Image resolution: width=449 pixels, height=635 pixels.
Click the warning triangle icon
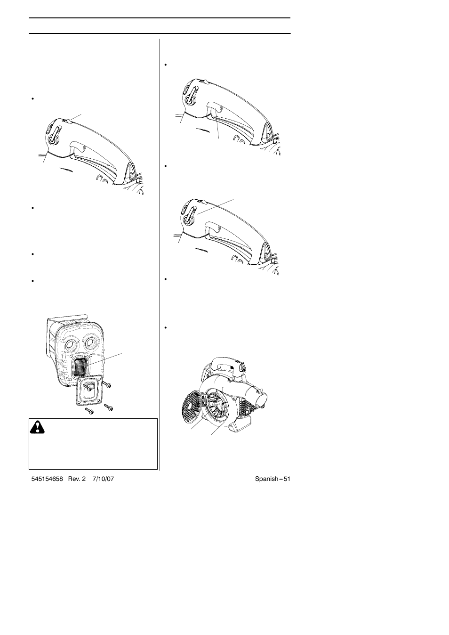point(37,427)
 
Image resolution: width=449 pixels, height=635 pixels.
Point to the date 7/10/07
point(103,479)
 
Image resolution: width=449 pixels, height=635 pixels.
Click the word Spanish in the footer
point(266,479)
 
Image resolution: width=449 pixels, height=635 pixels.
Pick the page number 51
point(286,479)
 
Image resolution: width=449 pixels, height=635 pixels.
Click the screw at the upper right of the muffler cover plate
point(108,385)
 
